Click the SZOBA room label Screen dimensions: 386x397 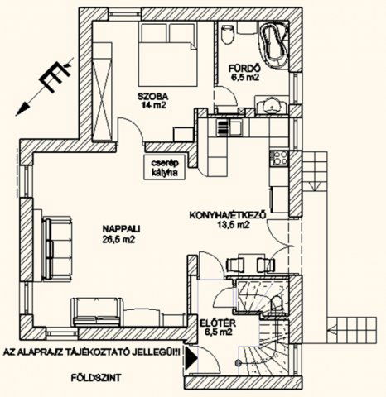pos(153,97)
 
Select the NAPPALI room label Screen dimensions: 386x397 pos(122,229)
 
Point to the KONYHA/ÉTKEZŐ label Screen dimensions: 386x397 pos(228,215)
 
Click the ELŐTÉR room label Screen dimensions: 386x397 pos(217,323)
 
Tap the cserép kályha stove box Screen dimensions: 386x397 pos(165,167)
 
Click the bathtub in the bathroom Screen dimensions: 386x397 pos(274,44)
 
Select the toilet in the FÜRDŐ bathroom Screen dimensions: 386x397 pos(228,35)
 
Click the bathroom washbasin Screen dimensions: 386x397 pos(271,105)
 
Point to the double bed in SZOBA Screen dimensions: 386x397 pos(168,55)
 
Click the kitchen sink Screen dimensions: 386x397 pos(229,128)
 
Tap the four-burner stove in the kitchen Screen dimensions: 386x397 pos(280,158)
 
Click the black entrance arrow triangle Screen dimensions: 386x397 pos(191,358)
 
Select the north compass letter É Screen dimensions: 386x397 pos(55,77)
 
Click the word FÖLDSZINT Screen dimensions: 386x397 pos(96,378)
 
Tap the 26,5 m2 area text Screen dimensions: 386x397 pos(118,240)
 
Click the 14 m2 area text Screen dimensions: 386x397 pos(153,105)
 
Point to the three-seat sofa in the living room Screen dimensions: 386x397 pos(57,249)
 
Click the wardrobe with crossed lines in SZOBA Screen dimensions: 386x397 pos(102,92)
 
